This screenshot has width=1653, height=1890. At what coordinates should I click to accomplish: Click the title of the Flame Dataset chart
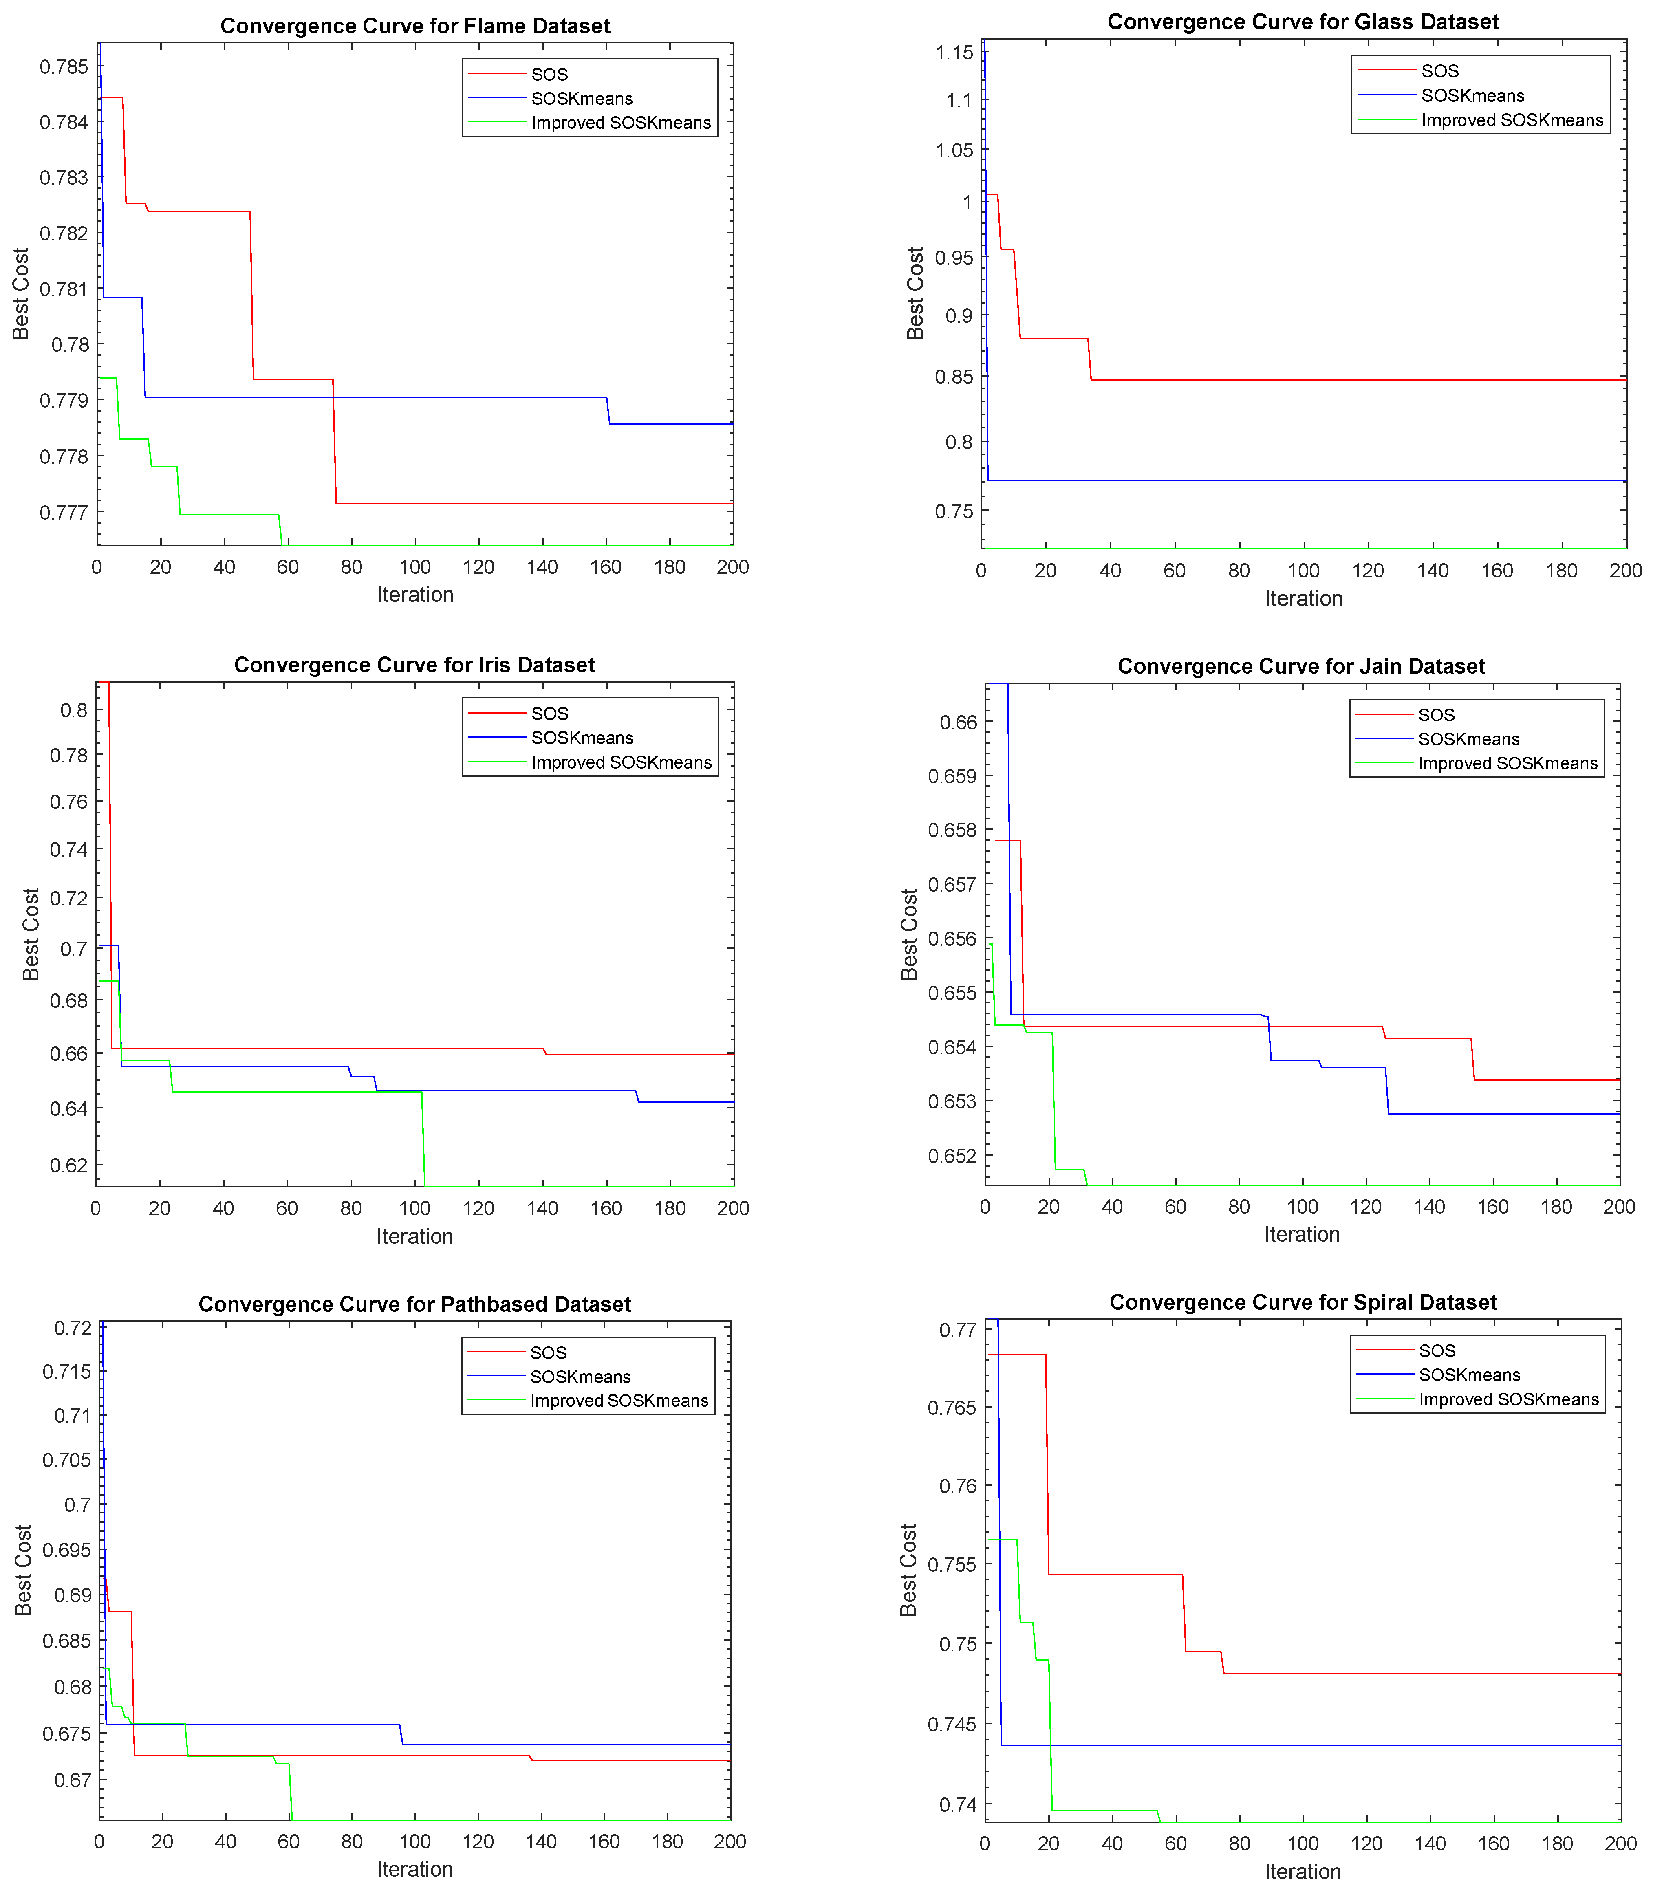415,26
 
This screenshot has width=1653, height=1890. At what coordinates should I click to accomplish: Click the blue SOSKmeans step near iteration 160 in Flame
608,410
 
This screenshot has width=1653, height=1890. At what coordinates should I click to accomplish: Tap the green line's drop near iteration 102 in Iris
423,1139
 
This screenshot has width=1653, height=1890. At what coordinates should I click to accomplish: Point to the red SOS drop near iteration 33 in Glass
1089,360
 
